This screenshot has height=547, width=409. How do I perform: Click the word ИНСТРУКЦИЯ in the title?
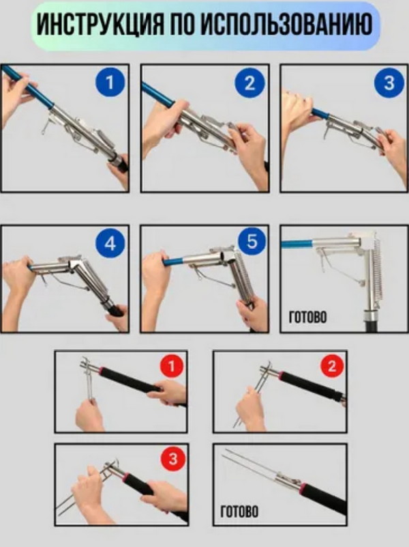(x=100, y=25)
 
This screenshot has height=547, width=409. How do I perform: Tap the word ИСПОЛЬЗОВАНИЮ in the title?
(x=286, y=25)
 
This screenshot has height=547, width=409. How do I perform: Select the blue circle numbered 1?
(x=110, y=83)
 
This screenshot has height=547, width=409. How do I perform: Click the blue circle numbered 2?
(x=249, y=83)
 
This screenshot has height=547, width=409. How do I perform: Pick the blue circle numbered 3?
(x=389, y=83)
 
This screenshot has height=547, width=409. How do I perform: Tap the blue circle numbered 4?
(x=110, y=243)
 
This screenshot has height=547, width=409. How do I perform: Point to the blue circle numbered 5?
(x=252, y=242)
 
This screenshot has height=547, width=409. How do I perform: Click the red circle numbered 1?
(x=171, y=366)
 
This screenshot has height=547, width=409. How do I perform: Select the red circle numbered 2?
(x=332, y=366)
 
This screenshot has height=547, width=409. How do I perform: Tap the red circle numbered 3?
(x=173, y=458)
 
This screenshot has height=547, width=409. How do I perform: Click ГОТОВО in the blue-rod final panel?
(x=307, y=318)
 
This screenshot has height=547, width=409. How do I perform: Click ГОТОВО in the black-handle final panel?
(x=240, y=511)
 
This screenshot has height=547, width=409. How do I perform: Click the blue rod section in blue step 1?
(x=28, y=85)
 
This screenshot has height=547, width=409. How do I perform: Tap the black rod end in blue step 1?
(x=119, y=164)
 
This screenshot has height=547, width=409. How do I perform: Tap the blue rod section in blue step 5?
(x=174, y=261)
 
